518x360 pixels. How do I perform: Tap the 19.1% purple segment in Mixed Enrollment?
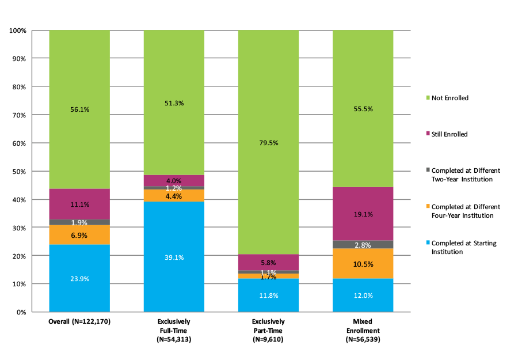[x=363, y=214]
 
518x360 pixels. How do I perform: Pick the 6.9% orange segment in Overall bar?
[x=79, y=235]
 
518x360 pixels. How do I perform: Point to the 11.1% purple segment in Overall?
[x=79, y=204]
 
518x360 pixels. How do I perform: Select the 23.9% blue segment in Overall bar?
[x=79, y=278]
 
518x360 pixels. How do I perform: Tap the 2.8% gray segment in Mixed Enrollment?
[x=363, y=244]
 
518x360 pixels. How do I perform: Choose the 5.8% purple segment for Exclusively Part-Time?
[x=268, y=262]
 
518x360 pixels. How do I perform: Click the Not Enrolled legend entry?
[x=450, y=98]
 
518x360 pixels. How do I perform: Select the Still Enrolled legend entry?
[x=450, y=134]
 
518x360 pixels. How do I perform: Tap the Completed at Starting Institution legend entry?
[x=463, y=247]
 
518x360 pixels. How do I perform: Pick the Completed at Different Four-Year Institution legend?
[x=465, y=211]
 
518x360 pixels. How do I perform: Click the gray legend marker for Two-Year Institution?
[x=426, y=170]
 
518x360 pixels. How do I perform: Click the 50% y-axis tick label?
[x=20, y=172]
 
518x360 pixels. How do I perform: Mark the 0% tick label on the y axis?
[x=21, y=312]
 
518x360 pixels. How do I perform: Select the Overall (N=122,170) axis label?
[x=79, y=321]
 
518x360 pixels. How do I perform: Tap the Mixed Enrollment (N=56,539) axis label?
[x=363, y=331]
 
